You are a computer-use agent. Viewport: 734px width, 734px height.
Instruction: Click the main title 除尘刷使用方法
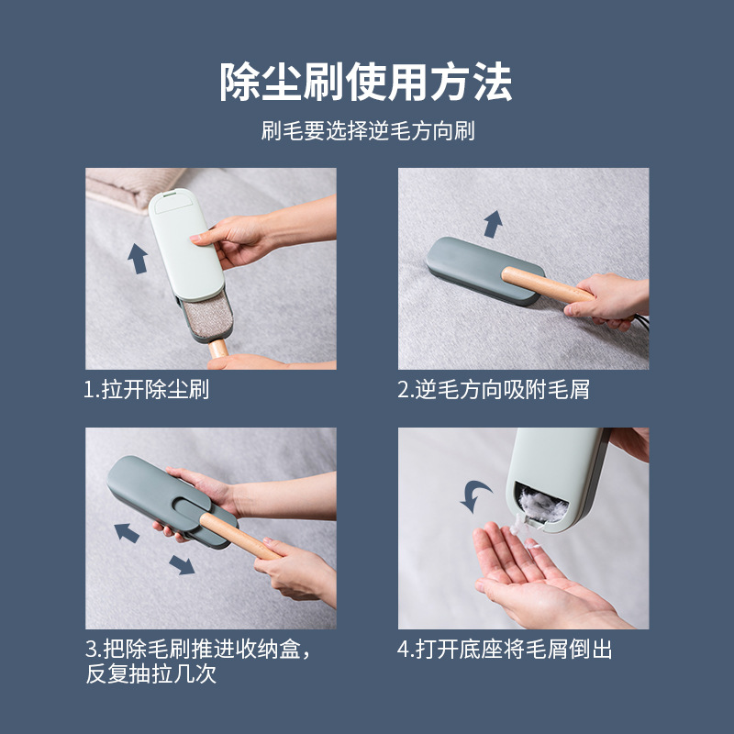(366, 82)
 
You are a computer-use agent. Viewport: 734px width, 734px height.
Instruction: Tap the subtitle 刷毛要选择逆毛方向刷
(368, 130)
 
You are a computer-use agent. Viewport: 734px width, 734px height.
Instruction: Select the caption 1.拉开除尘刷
(146, 389)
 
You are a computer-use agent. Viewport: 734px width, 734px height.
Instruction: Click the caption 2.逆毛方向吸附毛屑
(494, 389)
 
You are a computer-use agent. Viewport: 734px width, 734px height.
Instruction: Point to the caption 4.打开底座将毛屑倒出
(505, 650)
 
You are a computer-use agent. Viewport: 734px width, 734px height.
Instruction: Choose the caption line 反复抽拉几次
(150, 674)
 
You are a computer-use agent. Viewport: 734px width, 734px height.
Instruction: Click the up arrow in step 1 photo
(138, 259)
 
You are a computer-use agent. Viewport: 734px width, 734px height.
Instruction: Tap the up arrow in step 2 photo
(494, 224)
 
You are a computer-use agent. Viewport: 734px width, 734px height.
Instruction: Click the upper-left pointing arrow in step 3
(127, 533)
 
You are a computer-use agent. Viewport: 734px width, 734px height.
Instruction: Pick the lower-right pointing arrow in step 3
(182, 564)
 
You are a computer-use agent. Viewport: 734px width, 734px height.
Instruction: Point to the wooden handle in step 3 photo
(239, 537)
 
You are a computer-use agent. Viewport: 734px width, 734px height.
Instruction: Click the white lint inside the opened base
(541, 506)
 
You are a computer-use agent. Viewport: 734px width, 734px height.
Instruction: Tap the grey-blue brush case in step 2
(484, 271)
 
